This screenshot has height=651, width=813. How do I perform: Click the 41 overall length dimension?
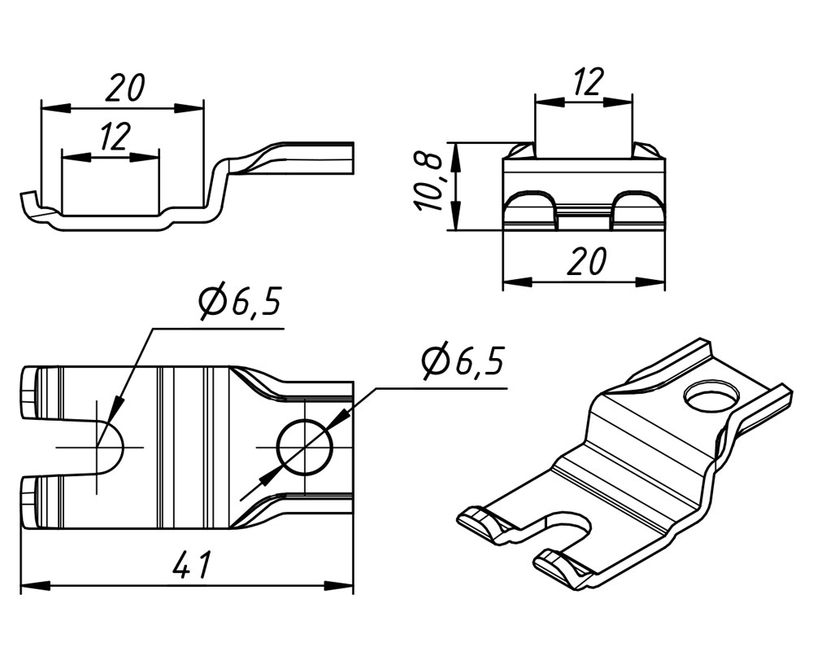(193, 565)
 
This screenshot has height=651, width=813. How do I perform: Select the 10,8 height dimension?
(432, 182)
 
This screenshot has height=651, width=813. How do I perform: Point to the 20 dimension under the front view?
(585, 262)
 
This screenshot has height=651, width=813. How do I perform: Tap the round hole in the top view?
(305, 447)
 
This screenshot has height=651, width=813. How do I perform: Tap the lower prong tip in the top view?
(29, 502)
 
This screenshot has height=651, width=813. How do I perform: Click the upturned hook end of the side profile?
(28, 200)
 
